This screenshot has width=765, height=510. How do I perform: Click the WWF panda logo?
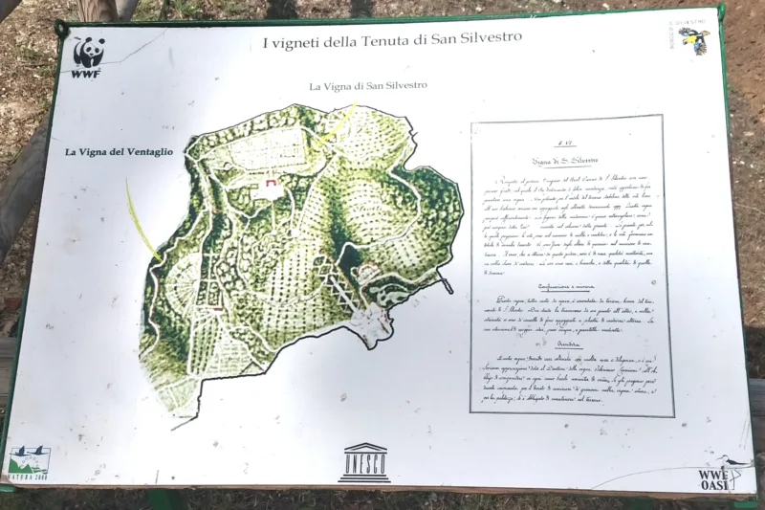[89, 55]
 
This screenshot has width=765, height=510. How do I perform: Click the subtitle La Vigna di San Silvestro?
[367, 86]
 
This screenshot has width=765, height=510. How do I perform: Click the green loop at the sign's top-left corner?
[62, 32]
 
